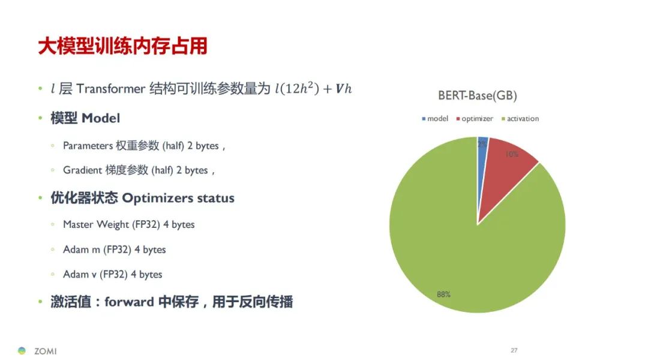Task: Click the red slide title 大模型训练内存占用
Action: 123,46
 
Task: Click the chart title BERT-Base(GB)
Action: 478,95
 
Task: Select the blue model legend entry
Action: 435,119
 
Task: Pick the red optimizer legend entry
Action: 475,119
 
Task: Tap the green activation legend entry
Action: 520,119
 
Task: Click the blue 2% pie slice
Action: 482,166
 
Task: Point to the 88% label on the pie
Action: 443,294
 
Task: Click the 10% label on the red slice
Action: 511,154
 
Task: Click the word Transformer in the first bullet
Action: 110,88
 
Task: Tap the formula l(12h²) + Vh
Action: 313,88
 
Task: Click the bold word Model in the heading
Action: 101,118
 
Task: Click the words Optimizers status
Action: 178,198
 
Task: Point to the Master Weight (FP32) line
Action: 128,224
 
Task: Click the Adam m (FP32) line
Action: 114,249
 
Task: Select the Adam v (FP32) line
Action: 112,274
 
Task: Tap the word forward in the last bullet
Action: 129,302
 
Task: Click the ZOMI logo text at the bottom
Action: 46,351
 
